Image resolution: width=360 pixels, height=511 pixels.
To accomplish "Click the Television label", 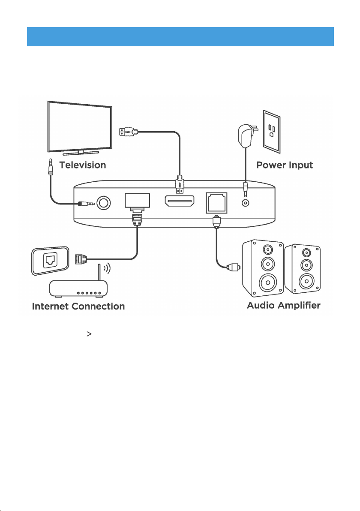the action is pyautogui.click(x=83, y=165).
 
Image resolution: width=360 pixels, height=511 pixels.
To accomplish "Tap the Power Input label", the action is pyautogui.click(x=285, y=165).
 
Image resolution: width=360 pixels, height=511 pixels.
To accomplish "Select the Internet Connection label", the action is pyautogui.click(x=78, y=307).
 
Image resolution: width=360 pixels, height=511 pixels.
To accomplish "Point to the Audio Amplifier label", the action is pyautogui.click(x=283, y=305).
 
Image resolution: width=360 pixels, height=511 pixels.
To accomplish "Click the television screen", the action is pyautogui.click(x=80, y=127).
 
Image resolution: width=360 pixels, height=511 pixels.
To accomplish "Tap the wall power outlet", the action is pyautogui.click(x=272, y=131).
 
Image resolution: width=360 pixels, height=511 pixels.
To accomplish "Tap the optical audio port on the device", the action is pyautogui.click(x=216, y=203).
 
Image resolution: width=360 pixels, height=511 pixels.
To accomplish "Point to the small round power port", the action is pyautogui.click(x=245, y=203).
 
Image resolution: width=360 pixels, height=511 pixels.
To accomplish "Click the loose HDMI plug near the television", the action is pyautogui.click(x=129, y=132).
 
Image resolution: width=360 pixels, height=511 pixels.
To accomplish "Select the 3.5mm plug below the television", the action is pyautogui.click(x=51, y=166).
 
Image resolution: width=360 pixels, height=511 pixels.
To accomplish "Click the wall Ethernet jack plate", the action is pyautogui.click(x=50, y=260).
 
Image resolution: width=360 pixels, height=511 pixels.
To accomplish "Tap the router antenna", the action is pyautogui.click(x=99, y=273).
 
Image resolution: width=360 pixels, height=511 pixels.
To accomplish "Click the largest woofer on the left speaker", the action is pyautogui.click(x=268, y=283).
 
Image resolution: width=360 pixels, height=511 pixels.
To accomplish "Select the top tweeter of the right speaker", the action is pyautogui.click(x=306, y=252).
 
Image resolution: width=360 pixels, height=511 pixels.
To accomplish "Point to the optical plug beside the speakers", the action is pyautogui.click(x=234, y=267).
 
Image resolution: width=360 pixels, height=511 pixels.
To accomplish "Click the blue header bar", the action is pyautogui.click(x=180, y=36).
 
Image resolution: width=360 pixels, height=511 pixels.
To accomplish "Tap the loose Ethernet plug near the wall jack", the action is pyautogui.click(x=81, y=259).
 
